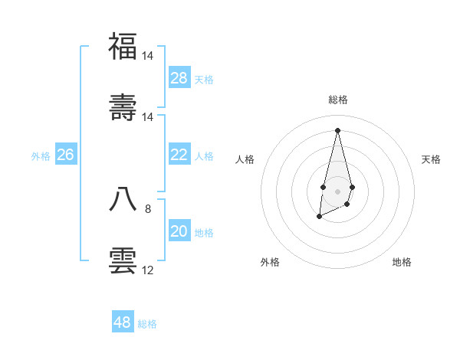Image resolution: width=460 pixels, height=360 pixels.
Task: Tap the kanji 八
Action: (123, 198)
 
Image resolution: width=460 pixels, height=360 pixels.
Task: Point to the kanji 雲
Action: (123, 259)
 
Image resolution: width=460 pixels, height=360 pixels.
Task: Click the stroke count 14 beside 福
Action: (148, 56)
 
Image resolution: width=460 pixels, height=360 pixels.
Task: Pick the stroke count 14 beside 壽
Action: (148, 117)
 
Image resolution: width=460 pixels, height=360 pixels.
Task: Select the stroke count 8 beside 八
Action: (148, 208)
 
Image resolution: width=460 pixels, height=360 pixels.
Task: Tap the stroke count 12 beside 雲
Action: (148, 270)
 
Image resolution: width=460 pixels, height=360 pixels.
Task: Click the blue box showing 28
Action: (179, 78)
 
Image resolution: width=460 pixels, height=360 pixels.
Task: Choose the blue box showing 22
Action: (179, 155)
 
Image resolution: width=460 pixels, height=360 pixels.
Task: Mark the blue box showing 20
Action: (179, 231)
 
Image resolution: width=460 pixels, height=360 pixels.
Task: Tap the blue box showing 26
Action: (65, 155)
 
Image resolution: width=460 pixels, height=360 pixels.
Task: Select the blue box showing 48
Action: (123, 322)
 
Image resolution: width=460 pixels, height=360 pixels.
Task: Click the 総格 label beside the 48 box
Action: (147, 324)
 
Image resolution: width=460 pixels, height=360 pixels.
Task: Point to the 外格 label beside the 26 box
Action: (41, 156)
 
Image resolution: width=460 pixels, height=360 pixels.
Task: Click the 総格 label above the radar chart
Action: (338, 100)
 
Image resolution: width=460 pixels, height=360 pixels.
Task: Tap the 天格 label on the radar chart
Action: (431, 159)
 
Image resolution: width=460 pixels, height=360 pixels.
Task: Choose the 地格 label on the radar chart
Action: (402, 262)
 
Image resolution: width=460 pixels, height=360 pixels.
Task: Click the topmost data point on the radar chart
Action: (337, 129)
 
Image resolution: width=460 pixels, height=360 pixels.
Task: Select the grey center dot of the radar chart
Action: (337, 190)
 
